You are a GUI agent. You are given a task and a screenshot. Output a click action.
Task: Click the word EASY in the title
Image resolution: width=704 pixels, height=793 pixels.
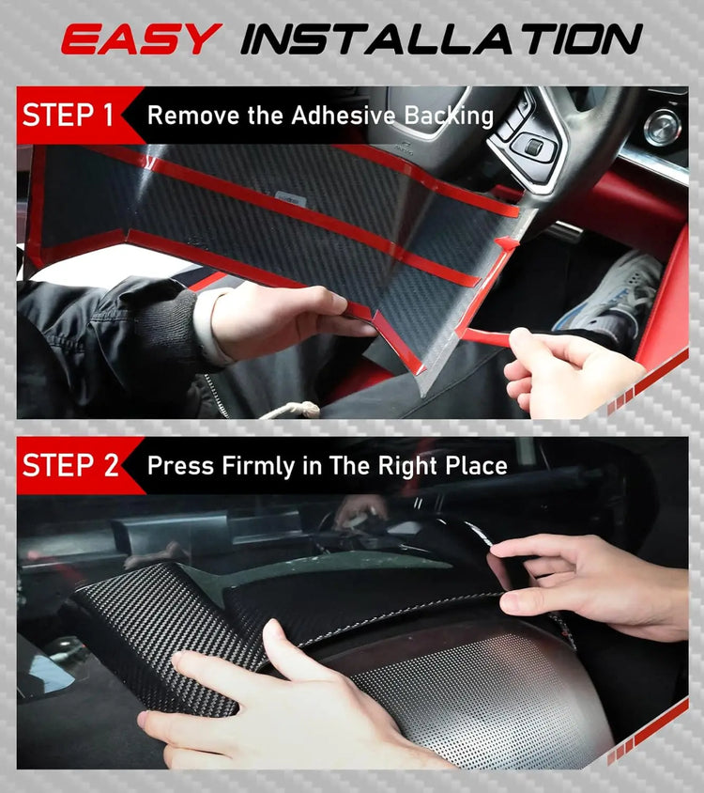coord(141,39)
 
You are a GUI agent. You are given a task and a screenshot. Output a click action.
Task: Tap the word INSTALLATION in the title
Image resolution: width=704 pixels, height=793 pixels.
coord(441,39)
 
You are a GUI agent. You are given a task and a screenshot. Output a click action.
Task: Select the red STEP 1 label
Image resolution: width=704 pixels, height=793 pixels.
coord(69,116)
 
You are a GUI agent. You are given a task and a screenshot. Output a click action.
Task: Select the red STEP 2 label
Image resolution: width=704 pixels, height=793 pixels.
coord(70,465)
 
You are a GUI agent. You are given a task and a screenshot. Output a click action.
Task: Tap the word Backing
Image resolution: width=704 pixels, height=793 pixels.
coord(449,117)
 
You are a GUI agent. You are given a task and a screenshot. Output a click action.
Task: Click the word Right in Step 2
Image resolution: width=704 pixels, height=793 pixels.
coord(394,466)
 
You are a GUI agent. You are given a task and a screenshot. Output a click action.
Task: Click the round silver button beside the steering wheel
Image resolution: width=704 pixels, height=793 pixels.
coord(663,126)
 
